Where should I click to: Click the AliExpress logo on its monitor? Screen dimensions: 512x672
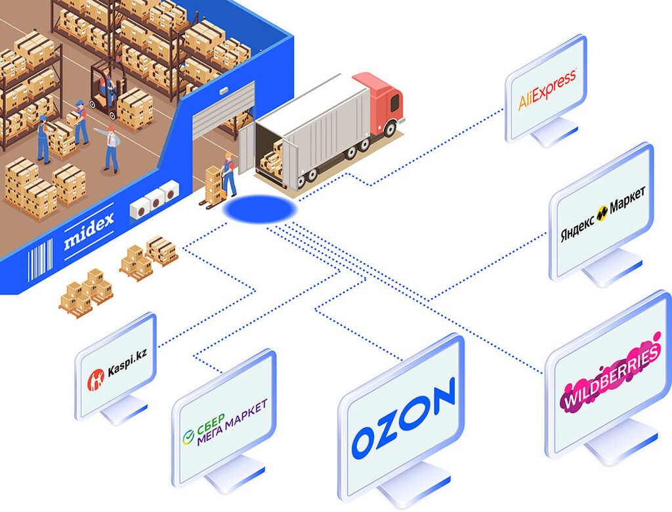tap(547, 90)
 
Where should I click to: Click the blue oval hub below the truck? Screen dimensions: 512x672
tap(259, 209)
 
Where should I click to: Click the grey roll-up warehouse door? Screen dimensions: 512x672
tap(222, 109)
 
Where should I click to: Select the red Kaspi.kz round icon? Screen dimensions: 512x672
tap(96, 377)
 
